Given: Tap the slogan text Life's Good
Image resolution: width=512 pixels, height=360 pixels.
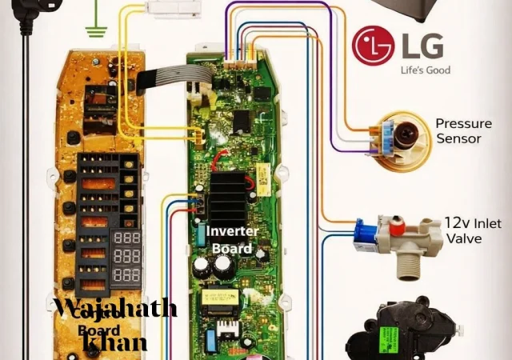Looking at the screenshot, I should click(x=425, y=70).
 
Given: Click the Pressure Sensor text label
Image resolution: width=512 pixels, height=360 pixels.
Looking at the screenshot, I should click(x=458, y=131).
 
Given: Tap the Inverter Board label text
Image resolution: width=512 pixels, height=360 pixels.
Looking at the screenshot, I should click(x=230, y=239).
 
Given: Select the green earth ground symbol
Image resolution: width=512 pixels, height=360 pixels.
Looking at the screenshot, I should click(x=97, y=32).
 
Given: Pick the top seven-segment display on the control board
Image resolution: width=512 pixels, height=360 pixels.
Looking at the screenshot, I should click(x=127, y=240).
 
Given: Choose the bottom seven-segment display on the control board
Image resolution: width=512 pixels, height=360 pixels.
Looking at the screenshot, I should click(x=127, y=275).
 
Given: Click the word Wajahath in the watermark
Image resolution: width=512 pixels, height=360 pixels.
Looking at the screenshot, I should click(x=114, y=308).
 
